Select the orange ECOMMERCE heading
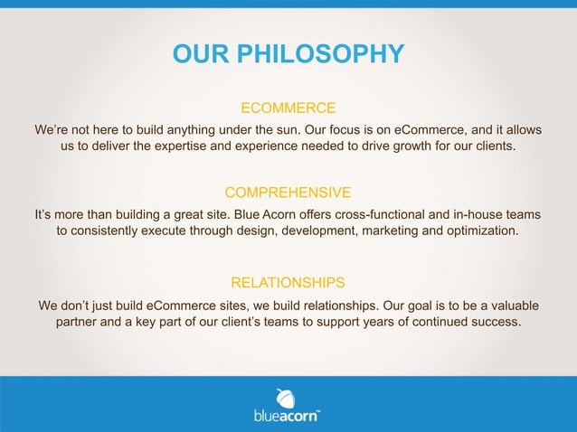coord(288,108)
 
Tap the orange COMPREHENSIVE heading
coord(288,193)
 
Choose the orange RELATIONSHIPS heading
coord(288,282)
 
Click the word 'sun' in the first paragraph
coord(274,129)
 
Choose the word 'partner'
coord(80,321)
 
